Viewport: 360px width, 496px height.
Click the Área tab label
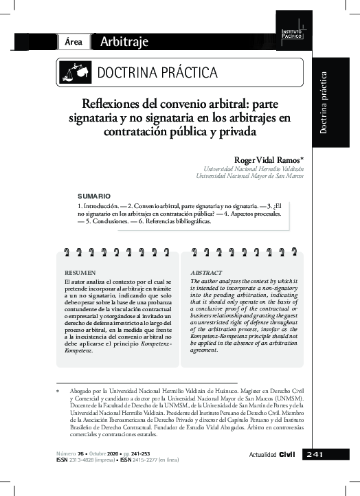[x=74, y=42]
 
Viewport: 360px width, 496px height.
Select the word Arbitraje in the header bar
[x=124, y=42]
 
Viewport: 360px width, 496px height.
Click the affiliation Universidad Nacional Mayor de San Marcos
[x=249, y=176]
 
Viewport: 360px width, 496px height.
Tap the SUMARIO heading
[x=92, y=195]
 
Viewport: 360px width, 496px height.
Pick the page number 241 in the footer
[x=319, y=454]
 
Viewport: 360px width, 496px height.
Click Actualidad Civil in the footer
[x=272, y=455]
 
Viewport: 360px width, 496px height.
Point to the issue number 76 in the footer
[x=81, y=453]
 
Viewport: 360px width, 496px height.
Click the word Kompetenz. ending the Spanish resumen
[x=79, y=350]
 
